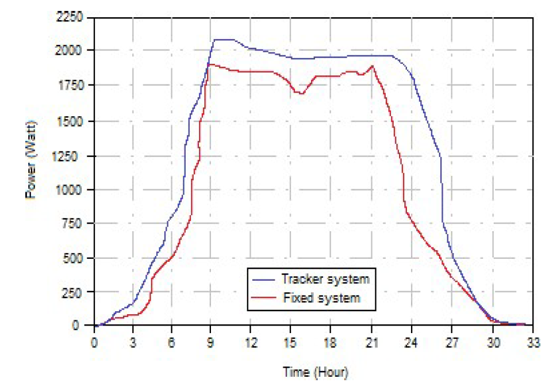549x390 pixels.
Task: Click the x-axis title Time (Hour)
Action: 316,372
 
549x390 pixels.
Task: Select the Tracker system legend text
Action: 325,280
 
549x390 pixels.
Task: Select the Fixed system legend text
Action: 321,298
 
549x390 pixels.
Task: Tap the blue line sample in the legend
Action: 265,280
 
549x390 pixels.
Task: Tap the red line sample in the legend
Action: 265,299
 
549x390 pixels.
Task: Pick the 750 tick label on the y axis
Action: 76,224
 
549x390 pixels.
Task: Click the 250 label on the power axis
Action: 76,292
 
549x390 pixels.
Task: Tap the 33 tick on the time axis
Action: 533,345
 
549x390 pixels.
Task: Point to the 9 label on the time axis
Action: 211,345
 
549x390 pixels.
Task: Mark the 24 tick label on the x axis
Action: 412,345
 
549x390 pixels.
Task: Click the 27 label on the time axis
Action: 452,345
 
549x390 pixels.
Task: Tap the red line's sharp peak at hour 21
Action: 373,66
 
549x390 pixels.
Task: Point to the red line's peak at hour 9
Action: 210,64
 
